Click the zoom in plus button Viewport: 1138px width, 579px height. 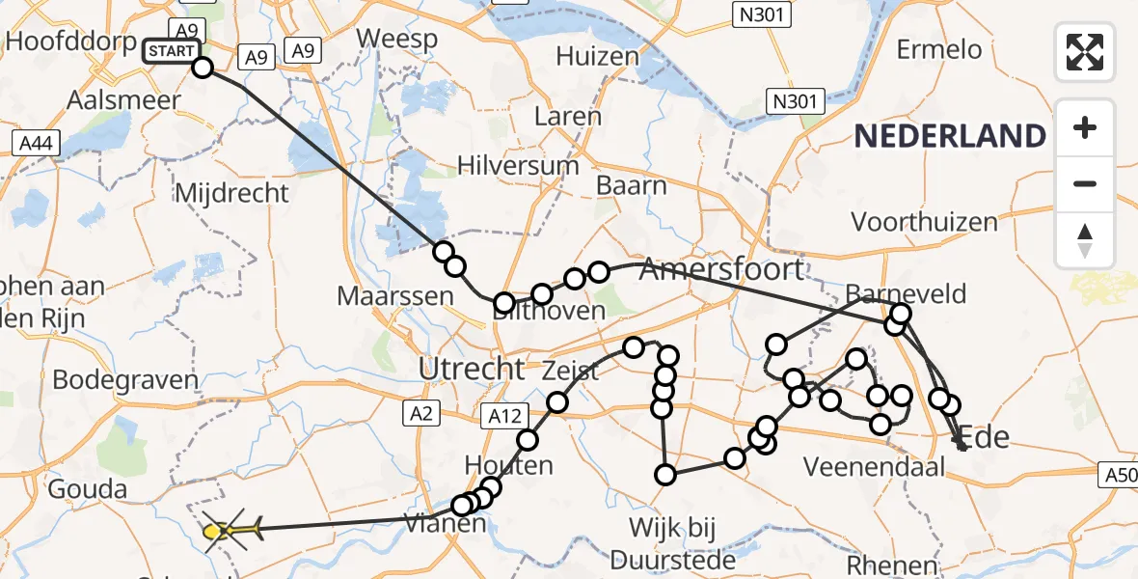[x=1085, y=127]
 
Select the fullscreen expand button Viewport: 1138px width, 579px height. [x=1085, y=51]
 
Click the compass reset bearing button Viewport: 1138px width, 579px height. [x=1085, y=240]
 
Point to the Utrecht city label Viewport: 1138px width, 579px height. [x=472, y=368]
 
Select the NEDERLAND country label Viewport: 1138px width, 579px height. [x=950, y=136]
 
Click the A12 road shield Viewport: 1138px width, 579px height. [x=505, y=416]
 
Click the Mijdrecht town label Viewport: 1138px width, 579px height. [x=231, y=193]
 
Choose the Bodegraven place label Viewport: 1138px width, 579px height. [x=124, y=379]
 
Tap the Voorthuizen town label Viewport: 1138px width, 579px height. [x=924, y=222]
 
